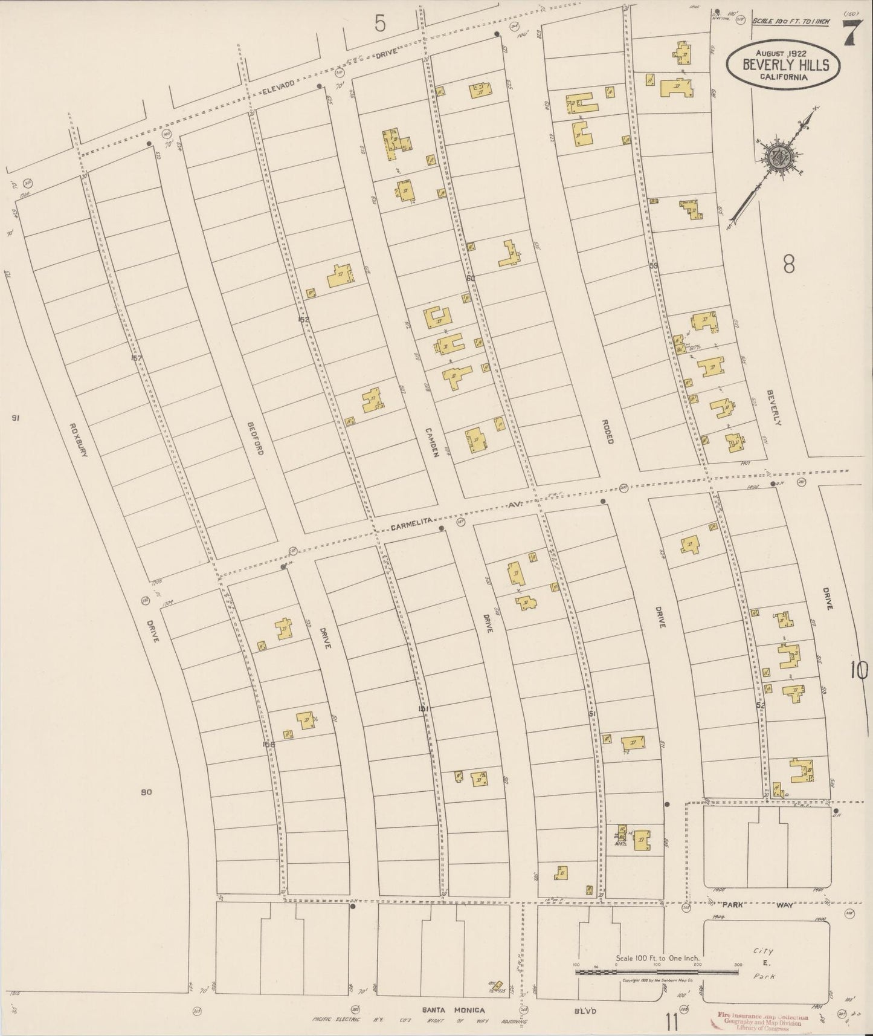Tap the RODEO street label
[607, 432]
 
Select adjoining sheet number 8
[788, 265]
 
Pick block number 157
[136, 358]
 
